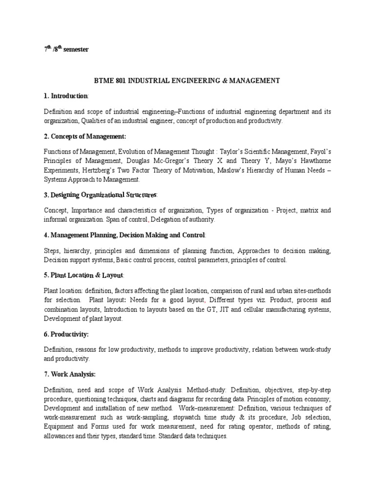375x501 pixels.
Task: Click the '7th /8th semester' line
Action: click(x=66, y=49)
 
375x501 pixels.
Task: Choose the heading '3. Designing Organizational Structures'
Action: click(x=100, y=195)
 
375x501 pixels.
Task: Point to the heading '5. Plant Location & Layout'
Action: click(x=84, y=275)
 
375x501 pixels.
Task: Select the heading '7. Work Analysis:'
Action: click(x=70, y=374)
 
